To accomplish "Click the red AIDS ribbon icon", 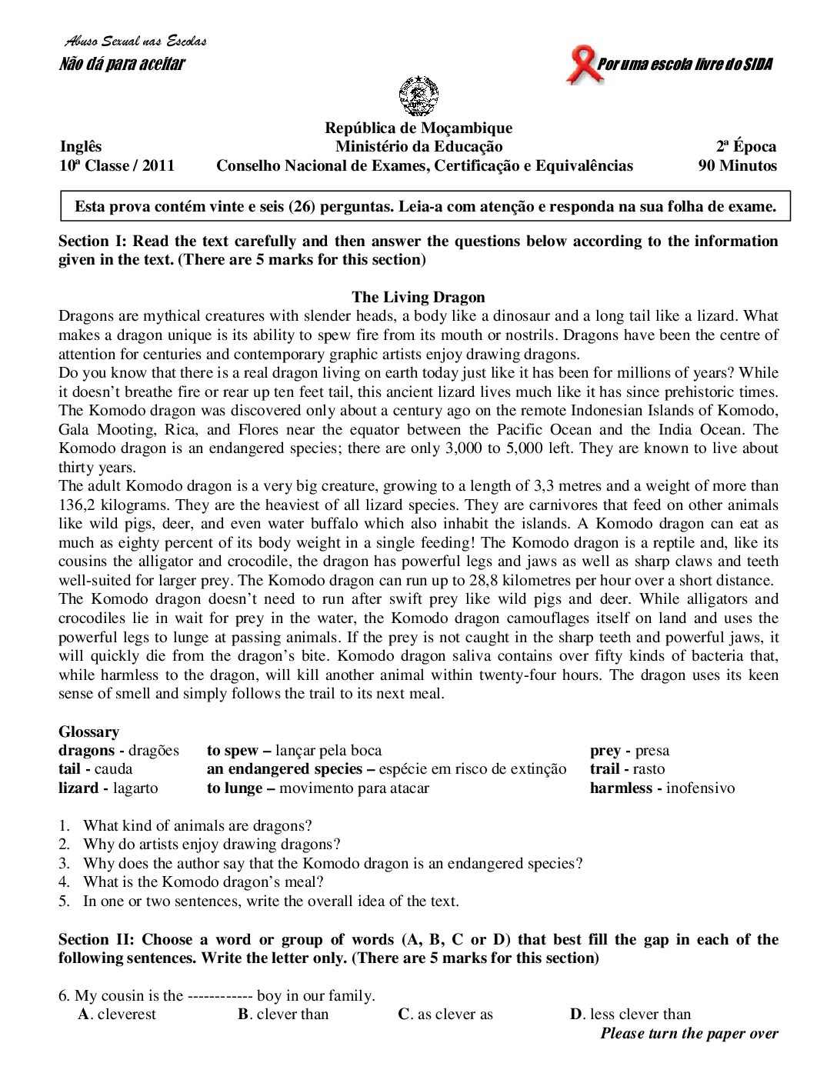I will tap(581, 65).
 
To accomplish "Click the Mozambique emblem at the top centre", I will tap(418, 96).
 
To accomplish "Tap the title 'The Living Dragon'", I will tap(418, 297).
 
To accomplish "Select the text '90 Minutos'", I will tap(737, 165).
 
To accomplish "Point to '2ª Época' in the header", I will tap(746, 146).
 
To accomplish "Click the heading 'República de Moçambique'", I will tap(418, 128).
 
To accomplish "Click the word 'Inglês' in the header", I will tap(81, 146).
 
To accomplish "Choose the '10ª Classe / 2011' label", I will tap(117, 165).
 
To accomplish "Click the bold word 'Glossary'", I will tap(89, 731).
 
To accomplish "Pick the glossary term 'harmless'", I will tap(621, 788).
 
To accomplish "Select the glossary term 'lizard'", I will tap(78, 788).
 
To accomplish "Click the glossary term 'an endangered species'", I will tap(284, 768).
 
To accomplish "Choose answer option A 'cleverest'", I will tap(117, 1014).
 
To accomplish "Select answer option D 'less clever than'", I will tap(630, 1014).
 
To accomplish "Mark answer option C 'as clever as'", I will tap(445, 1014).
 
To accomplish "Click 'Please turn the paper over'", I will tap(689, 1033).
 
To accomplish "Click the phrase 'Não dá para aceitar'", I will tap(122, 64).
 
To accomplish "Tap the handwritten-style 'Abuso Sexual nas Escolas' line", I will tap(135, 41).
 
